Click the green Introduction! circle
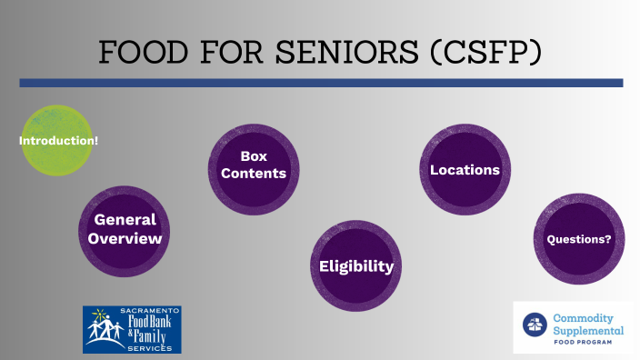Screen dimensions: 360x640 tap(57, 141)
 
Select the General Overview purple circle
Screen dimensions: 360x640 tap(125, 229)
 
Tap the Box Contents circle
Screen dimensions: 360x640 tap(254, 165)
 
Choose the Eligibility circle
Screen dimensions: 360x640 tap(355, 266)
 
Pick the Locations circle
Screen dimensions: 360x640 tap(465, 170)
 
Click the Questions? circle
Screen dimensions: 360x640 tap(578, 240)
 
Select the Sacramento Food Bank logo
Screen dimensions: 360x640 tap(132, 329)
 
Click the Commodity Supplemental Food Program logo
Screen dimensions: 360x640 tap(573, 327)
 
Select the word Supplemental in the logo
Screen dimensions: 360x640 tap(588, 331)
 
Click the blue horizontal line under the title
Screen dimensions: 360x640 tap(321, 83)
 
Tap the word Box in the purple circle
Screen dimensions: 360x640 tap(254, 155)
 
